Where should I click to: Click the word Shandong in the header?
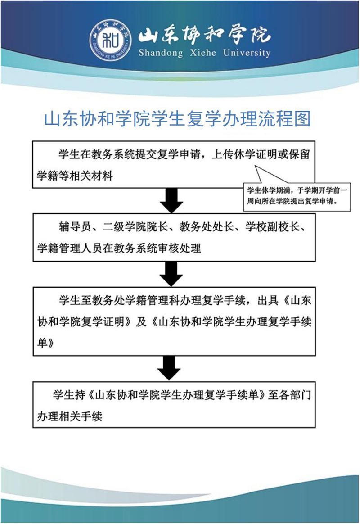point(161,53)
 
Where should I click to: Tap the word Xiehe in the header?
point(203,53)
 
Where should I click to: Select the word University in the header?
point(247,53)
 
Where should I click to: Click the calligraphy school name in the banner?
point(204,34)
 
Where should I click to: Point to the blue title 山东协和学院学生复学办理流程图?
point(177,119)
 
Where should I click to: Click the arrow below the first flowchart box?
point(171,200)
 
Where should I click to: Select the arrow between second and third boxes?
point(171,274)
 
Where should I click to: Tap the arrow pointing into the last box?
point(169,368)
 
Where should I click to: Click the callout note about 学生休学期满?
point(297,196)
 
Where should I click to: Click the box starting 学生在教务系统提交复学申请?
point(174,164)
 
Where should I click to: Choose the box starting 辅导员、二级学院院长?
point(174,237)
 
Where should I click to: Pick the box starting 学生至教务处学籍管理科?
point(174,321)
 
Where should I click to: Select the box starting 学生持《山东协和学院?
point(174,404)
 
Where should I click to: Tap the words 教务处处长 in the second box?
point(207,226)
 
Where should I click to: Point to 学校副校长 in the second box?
point(273,226)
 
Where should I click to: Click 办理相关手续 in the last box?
point(69,416)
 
